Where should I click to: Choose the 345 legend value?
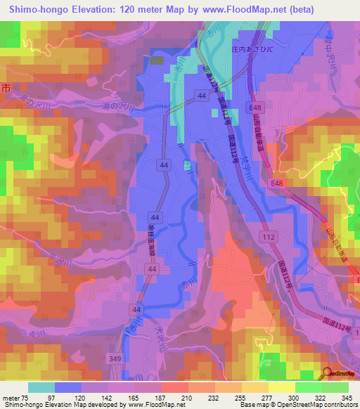348,398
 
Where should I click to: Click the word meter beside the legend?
11,398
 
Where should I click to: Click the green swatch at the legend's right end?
335,387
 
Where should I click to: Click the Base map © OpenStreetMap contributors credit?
297,405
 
